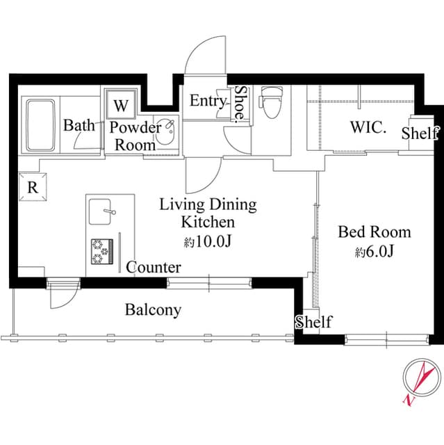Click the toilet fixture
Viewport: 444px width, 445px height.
(x=271, y=102)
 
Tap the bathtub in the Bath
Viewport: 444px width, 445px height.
(x=40, y=125)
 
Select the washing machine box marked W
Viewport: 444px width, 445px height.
(x=121, y=104)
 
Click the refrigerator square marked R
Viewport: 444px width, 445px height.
(x=33, y=187)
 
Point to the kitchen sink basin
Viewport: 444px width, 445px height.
(x=99, y=211)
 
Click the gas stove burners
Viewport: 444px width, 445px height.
(x=102, y=252)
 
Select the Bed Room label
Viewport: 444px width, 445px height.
(x=375, y=232)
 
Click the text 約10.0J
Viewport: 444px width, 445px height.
(x=208, y=241)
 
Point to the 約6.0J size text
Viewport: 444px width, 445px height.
(x=375, y=252)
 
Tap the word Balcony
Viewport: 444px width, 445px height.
(x=153, y=310)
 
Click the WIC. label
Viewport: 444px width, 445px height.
(x=368, y=127)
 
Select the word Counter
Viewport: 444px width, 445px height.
(x=154, y=267)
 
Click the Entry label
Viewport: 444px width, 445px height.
(x=208, y=101)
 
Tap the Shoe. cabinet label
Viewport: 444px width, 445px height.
(x=240, y=104)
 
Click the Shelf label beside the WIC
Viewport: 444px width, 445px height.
(x=420, y=133)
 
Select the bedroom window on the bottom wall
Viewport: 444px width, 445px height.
(x=387, y=339)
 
